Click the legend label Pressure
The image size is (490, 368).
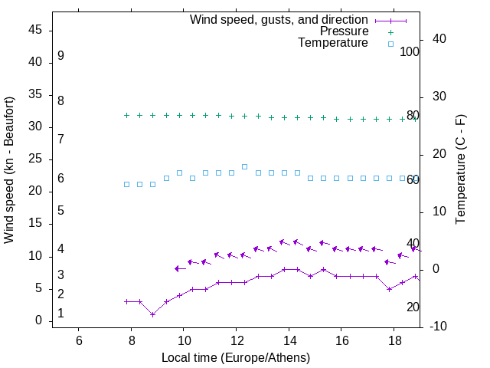coord(344,31)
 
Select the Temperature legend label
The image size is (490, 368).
coord(333,43)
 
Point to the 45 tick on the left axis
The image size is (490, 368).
coord(35,30)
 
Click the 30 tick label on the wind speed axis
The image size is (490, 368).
coord(35,127)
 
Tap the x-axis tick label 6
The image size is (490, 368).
coord(79,341)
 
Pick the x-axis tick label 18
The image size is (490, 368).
coord(394,341)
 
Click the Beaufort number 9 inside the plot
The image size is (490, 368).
coord(60,56)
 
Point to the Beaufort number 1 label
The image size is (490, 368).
coord(60,314)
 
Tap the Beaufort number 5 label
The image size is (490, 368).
coord(60,210)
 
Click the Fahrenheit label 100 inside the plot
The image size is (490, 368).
coord(410,51)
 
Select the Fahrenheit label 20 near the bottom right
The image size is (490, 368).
coord(413,307)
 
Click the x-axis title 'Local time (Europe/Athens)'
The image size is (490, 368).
coord(236,357)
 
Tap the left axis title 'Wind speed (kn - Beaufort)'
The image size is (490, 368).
coord(9,170)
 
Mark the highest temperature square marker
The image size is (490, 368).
coord(245,166)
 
